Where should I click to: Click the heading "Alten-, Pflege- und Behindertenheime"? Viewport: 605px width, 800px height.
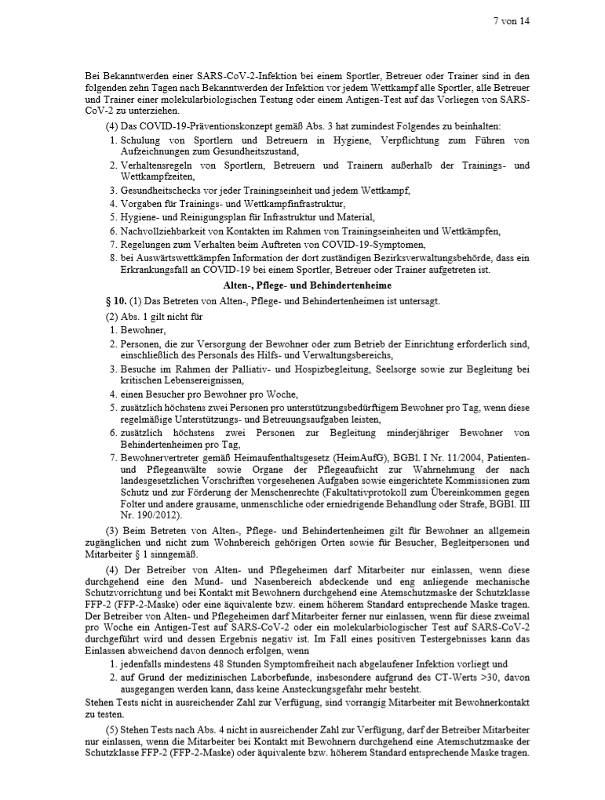pos(302,286)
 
